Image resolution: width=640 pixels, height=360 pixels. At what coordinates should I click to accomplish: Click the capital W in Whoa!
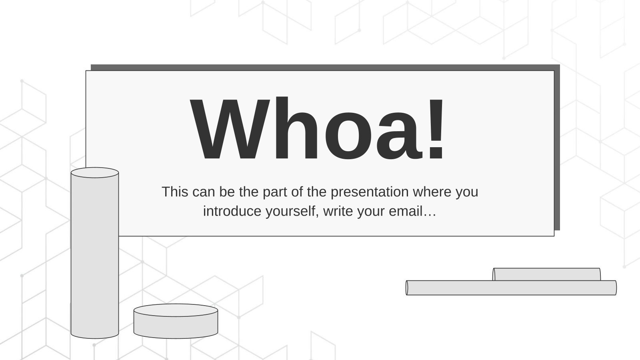[230, 129]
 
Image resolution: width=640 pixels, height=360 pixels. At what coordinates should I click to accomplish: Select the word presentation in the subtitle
[370, 192]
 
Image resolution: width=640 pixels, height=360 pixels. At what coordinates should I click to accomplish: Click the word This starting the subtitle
[175, 192]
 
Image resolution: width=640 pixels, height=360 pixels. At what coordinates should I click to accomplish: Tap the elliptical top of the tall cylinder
[94, 172]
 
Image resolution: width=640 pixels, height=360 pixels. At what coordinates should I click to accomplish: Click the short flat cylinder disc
[176, 321]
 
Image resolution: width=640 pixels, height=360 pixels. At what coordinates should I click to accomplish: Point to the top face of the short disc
[176, 310]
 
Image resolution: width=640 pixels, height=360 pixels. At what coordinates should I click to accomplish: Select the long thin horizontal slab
[511, 288]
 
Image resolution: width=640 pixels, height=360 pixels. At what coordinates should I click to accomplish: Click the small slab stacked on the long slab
[546, 274]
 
